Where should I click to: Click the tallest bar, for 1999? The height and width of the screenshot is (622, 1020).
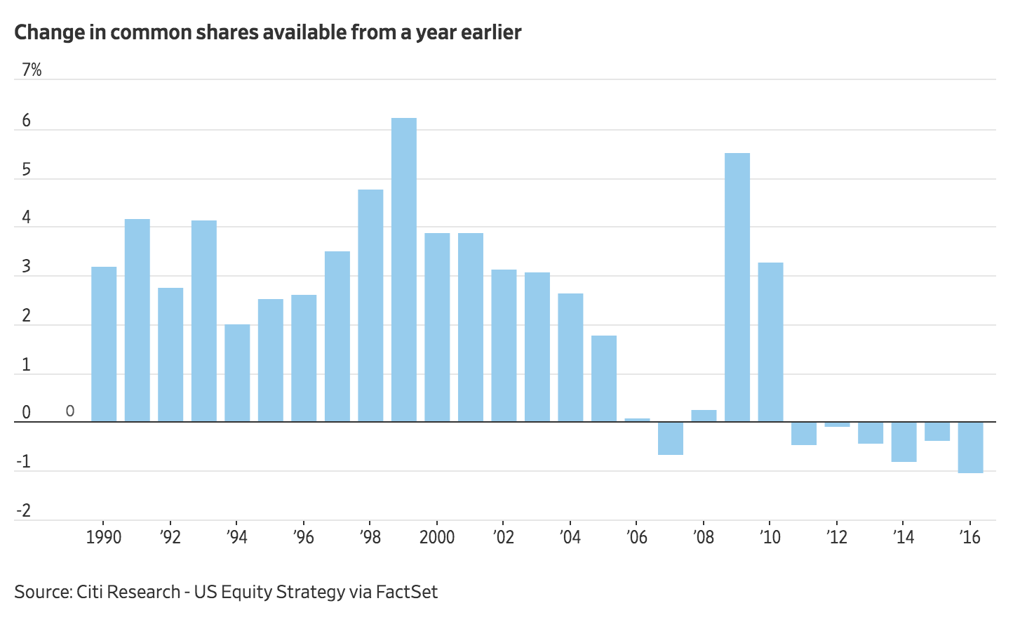tap(404, 270)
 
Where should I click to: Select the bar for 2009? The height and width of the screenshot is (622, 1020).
tap(737, 288)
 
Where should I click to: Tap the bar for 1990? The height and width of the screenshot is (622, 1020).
tap(104, 345)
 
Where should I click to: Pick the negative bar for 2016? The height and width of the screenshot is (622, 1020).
tap(971, 447)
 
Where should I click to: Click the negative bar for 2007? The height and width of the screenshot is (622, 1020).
tap(671, 438)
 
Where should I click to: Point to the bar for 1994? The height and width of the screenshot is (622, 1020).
tap(237, 373)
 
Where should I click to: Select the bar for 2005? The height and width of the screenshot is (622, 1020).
tap(604, 379)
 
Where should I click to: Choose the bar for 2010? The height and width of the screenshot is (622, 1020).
tap(771, 343)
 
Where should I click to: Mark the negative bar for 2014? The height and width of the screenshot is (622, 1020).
tap(904, 442)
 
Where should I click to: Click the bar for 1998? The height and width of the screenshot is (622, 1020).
tap(370, 306)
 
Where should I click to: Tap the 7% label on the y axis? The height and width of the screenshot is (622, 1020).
tap(32, 70)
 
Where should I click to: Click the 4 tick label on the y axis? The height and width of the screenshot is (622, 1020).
tap(27, 218)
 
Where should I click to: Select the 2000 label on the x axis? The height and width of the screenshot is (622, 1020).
tap(436, 537)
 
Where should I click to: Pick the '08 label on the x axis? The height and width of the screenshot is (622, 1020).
tap(704, 537)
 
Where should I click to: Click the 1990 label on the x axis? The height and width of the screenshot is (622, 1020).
tap(104, 537)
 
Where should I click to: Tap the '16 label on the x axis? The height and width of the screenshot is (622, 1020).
tap(969, 537)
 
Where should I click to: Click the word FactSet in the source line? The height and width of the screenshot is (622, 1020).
tap(407, 592)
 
